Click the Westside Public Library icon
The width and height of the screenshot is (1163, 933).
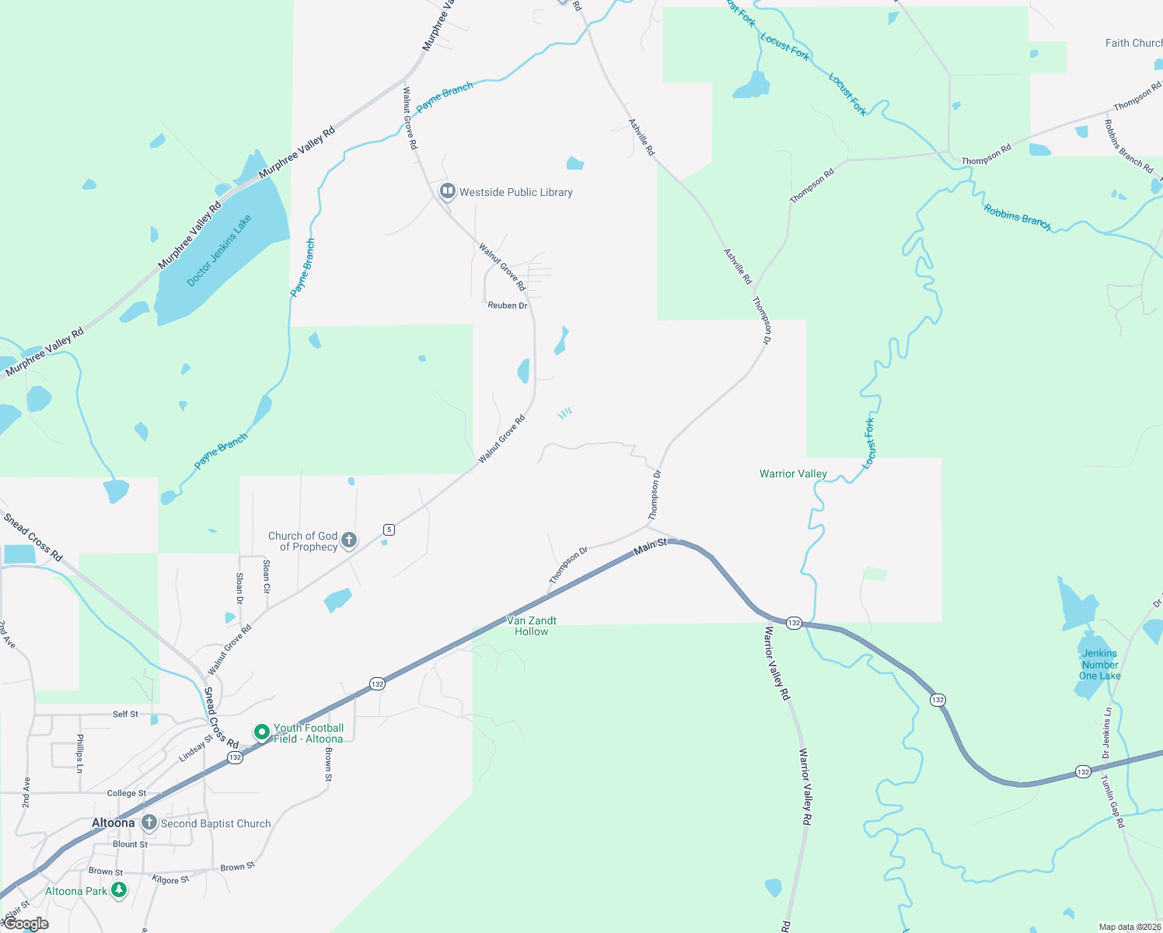click(x=447, y=191)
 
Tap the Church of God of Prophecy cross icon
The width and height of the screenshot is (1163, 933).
click(x=349, y=540)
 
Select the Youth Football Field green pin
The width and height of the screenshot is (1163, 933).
click(x=262, y=732)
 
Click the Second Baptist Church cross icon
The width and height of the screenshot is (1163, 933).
click(x=148, y=823)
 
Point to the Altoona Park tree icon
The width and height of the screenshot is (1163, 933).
click(x=119, y=890)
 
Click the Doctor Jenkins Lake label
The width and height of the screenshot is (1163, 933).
click(x=219, y=251)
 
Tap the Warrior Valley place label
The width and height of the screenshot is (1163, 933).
click(x=793, y=473)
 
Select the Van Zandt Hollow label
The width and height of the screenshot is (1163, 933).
click(x=532, y=626)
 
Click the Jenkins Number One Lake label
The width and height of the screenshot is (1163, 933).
click(x=1100, y=665)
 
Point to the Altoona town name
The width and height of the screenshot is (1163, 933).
click(x=114, y=823)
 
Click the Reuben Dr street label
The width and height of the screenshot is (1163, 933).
click(x=508, y=306)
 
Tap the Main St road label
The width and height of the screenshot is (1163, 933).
click(x=650, y=546)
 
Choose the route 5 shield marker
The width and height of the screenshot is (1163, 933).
click(x=389, y=529)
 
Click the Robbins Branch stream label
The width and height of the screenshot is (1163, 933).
click(x=1017, y=218)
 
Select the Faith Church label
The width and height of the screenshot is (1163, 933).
click(x=1133, y=43)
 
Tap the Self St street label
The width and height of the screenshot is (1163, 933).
click(x=125, y=714)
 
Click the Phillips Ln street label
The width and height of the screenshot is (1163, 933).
click(x=79, y=753)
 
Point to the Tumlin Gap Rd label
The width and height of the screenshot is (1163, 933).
click(x=1112, y=802)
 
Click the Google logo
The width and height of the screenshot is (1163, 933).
click(x=26, y=924)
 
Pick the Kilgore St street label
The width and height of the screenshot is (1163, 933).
click(x=170, y=879)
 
